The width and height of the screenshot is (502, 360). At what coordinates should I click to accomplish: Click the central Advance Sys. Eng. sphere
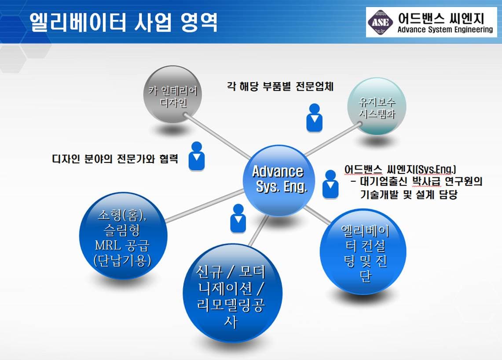pyautogui.click(x=278, y=180)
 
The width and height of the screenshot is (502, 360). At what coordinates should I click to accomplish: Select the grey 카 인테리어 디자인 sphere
pyautogui.click(x=173, y=95)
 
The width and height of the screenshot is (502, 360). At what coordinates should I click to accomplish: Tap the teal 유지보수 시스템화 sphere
pyautogui.click(x=377, y=107)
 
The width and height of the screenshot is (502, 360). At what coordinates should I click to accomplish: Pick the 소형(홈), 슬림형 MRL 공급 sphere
pyautogui.click(x=123, y=236)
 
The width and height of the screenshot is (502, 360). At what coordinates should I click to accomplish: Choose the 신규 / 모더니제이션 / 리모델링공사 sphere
pyautogui.click(x=232, y=293)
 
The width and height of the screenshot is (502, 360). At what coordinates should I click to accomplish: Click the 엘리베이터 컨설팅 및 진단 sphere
pyautogui.click(x=363, y=252)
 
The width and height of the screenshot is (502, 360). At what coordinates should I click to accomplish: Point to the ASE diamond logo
pyautogui.click(x=380, y=22)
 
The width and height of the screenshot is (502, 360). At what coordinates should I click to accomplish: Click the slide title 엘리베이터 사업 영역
pyautogui.click(x=124, y=22)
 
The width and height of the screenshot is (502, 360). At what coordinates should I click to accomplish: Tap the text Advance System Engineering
pyautogui.click(x=445, y=30)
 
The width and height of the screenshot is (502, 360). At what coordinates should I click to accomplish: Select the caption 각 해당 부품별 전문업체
pyautogui.click(x=280, y=86)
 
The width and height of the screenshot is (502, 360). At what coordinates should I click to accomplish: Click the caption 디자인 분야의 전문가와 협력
pyautogui.click(x=115, y=158)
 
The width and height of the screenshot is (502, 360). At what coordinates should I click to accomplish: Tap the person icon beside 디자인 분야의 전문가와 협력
pyautogui.click(x=197, y=156)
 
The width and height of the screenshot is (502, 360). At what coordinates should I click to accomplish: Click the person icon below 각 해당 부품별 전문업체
pyautogui.click(x=315, y=118)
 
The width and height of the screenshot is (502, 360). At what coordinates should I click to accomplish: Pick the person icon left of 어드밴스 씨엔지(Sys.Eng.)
pyautogui.click(x=330, y=184)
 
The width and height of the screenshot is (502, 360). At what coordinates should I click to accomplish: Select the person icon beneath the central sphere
pyautogui.click(x=238, y=218)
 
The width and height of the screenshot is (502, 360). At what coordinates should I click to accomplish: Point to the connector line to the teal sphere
pyautogui.click(x=333, y=140)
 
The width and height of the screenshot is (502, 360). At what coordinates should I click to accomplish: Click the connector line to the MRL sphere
pyautogui.click(x=205, y=206)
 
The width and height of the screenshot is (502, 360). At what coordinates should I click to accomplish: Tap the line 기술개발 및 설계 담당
pyautogui.click(x=409, y=195)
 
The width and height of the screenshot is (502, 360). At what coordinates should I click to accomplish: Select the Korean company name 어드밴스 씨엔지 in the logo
pyautogui.click(x=441, y=18)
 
